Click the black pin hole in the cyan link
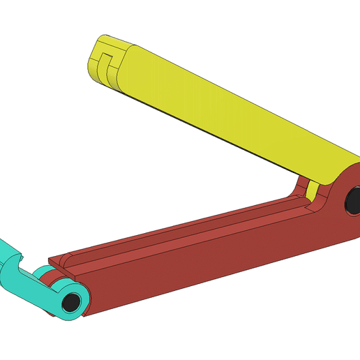pyautogui.click(x=70, y=303)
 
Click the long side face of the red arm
pyautogui.click(x=209, y=258)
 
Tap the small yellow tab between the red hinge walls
pyautogui.click(x=315, y=191)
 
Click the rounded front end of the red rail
pyautogui.click(x=60, y=261)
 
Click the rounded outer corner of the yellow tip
pyautogui.click(x=98, y=42)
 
